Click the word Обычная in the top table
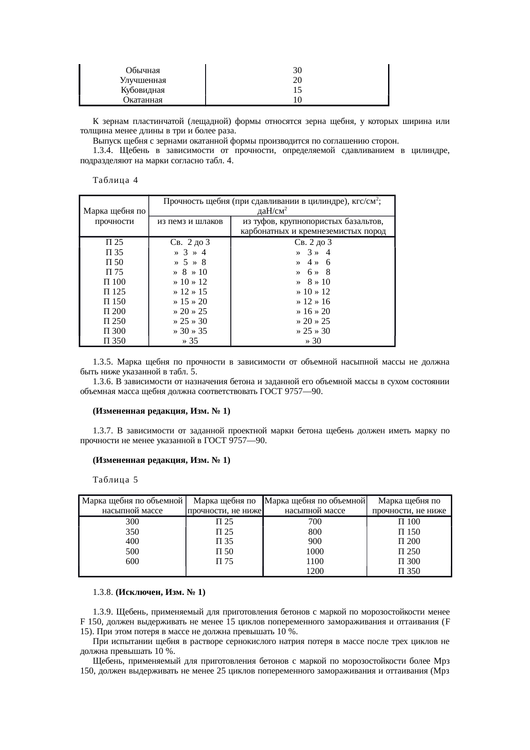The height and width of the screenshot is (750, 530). pyautogui.click(x=143, y=70)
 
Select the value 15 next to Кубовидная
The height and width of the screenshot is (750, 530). pyautogui.click(x=297, y=90)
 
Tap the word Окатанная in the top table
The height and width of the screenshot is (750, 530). pyautogui.click(x=143, y=100)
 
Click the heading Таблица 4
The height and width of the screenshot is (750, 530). pyautogui.click(x=115, y=180)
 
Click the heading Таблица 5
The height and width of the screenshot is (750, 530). pyautogui.click(x=115, y=480)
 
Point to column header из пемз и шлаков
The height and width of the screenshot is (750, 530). pyautogui.click(x=189, y=221)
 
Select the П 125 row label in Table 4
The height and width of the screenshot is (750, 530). pyautogui.click(x=114, y=292)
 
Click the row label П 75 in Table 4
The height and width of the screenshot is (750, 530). pyautogui.click(x=114, y=272)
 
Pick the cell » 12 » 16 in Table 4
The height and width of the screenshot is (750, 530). pyautogui.click(x=313, y=302)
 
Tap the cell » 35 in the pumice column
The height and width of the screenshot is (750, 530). pyautogui.click(x=190, y=341)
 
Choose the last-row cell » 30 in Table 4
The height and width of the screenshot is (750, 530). pyautogui.click(x=313, y=341)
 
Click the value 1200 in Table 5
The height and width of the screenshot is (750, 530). pyautogui.click(x=315, y=571)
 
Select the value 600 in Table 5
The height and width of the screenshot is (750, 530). pyautogui.click(x=132, y=562)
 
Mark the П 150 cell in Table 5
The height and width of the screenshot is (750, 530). pyautogui.click(x=409, y=532)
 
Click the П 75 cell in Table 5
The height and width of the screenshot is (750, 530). pyautogui.click(x=224, y=562)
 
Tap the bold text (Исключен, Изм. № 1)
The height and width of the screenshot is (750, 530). pyautogui.click(x=160, y=592)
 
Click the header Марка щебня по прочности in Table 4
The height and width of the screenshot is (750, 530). pyautogui.click(x=114, y=216)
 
